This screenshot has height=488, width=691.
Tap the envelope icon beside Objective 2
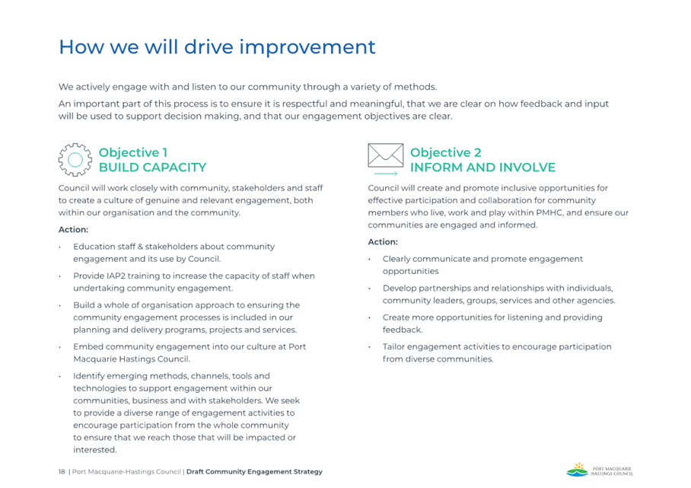[x=386, y=155]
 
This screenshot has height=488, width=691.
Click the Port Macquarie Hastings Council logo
[x=600, y=470]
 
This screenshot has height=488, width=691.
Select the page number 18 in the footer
[x=62, y=472]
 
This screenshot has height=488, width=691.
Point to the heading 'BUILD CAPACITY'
[x=152, y=167]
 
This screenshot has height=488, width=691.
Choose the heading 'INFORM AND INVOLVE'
[x=482, y=167]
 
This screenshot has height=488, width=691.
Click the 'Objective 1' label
[x=133, y=152]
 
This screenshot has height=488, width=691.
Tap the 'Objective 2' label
[x=445, y=152]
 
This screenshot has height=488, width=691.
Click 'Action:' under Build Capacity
[x=73, y=230]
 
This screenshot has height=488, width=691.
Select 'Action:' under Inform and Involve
[x=383, y=242]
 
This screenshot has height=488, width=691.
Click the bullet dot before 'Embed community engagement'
[x=60, y=347]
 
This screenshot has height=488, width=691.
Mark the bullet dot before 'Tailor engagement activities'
[x=369, y=347]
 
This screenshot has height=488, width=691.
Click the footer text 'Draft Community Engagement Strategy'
[x=254, y=472]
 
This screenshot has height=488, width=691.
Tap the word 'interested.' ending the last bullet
[x=95, y=450]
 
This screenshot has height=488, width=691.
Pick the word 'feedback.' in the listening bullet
[x=403, y=330]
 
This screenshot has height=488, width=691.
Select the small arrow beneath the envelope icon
[x=386, y=174]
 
